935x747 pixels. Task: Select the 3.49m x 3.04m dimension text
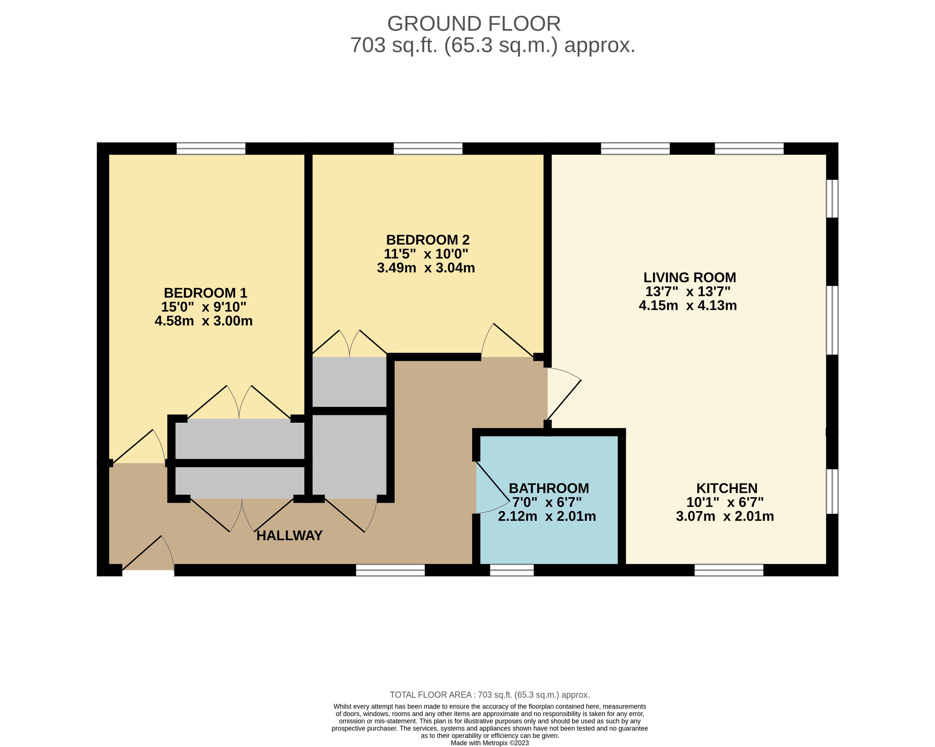coord(426,268)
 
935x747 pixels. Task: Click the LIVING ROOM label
coord(689,278)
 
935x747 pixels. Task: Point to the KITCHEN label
coord(727,489)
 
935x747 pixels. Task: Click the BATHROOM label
coord(549,489)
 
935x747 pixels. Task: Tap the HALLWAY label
coord(289,536)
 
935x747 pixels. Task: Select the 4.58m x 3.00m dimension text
coord(203,321)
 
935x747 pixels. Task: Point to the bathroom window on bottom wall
coord(512,570)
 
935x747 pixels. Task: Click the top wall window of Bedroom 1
coord(211,148)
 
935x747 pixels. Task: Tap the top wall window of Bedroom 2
coord(428,148)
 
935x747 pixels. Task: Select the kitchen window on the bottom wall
coord(729,570)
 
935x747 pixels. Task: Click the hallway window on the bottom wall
coord(390,570)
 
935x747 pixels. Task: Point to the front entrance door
coord(147,555)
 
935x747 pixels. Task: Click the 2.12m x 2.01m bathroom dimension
coord(547,517)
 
